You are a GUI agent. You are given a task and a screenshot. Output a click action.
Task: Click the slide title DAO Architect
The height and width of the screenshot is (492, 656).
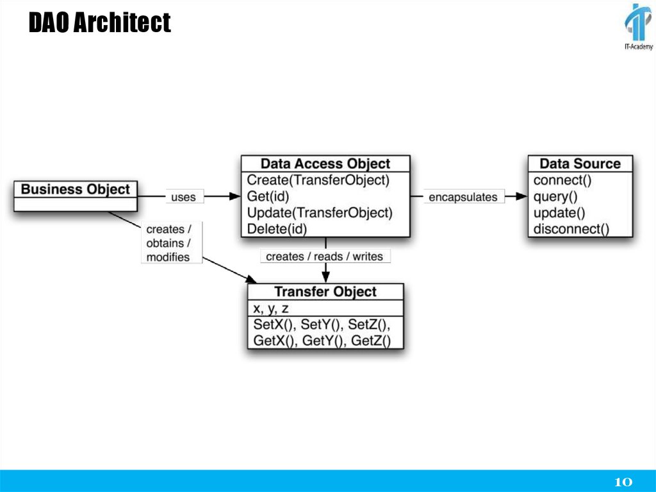(99, 24)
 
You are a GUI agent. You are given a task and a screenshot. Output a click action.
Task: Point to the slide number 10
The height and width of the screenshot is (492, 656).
(623, 482)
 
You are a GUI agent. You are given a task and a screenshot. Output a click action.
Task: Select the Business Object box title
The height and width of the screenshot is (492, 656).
(75, 189)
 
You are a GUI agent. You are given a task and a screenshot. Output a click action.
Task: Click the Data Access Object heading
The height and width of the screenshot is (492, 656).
(325, 164)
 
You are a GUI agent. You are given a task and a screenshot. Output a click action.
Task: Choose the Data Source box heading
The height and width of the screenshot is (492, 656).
(580, 164)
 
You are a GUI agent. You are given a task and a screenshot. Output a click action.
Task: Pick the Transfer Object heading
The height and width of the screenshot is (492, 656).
(325, 292)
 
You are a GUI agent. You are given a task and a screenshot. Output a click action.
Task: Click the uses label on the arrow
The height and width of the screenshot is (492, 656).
(183, 197)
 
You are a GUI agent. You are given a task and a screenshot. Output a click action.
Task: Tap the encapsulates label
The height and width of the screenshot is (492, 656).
(463, 197)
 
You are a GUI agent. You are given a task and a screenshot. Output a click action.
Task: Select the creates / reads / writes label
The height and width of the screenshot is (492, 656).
(324, 256)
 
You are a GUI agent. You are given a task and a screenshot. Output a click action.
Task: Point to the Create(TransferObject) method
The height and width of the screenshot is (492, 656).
(318, 180)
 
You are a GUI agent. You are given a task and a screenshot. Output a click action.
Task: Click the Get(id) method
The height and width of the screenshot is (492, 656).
(268, 196)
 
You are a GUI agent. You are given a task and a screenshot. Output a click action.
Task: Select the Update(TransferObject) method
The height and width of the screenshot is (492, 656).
(319, 212)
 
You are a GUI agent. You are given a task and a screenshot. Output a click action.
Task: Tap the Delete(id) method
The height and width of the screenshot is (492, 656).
(277, 228)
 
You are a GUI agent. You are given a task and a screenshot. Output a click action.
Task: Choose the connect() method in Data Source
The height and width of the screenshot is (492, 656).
(562, 180)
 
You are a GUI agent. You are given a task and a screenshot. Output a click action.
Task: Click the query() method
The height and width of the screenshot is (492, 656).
(555, 196)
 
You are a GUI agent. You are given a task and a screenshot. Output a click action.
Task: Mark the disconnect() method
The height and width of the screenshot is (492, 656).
(571, 228)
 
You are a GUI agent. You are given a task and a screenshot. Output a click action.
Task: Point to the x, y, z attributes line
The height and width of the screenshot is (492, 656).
(271, 309)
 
